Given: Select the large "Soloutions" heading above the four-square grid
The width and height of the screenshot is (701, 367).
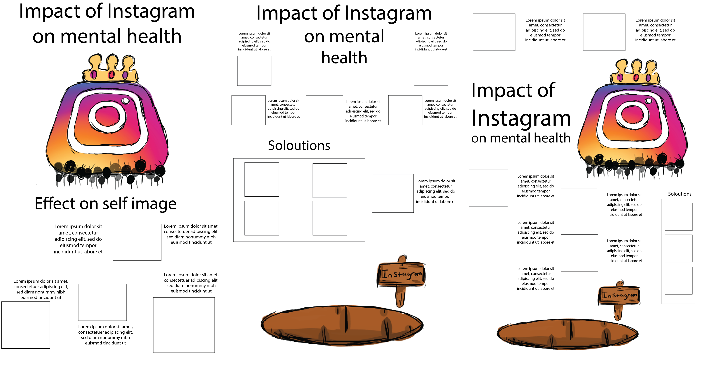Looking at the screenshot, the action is (299, 145).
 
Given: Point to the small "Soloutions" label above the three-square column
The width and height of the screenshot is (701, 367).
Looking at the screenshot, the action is (679, 194).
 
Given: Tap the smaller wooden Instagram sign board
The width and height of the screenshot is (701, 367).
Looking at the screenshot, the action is (619, 295).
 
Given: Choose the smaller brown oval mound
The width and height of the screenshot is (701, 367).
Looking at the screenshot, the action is (567, 334).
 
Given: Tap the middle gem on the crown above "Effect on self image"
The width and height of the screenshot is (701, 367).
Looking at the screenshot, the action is (111, 74).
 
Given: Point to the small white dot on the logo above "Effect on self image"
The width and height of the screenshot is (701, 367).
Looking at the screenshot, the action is (126, 101).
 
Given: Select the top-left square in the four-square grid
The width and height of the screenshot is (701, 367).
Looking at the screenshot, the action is (262, 179).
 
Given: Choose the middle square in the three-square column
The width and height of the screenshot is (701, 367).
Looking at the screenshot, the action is (678, 248).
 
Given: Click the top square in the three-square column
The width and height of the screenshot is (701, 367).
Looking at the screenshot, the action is (678, 217).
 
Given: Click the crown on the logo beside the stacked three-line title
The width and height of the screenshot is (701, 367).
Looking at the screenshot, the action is (635, 72).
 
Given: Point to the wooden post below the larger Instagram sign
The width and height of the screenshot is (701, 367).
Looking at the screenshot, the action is (400, 296).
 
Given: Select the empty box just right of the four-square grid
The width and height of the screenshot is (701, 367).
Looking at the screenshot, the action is (393, 193).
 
